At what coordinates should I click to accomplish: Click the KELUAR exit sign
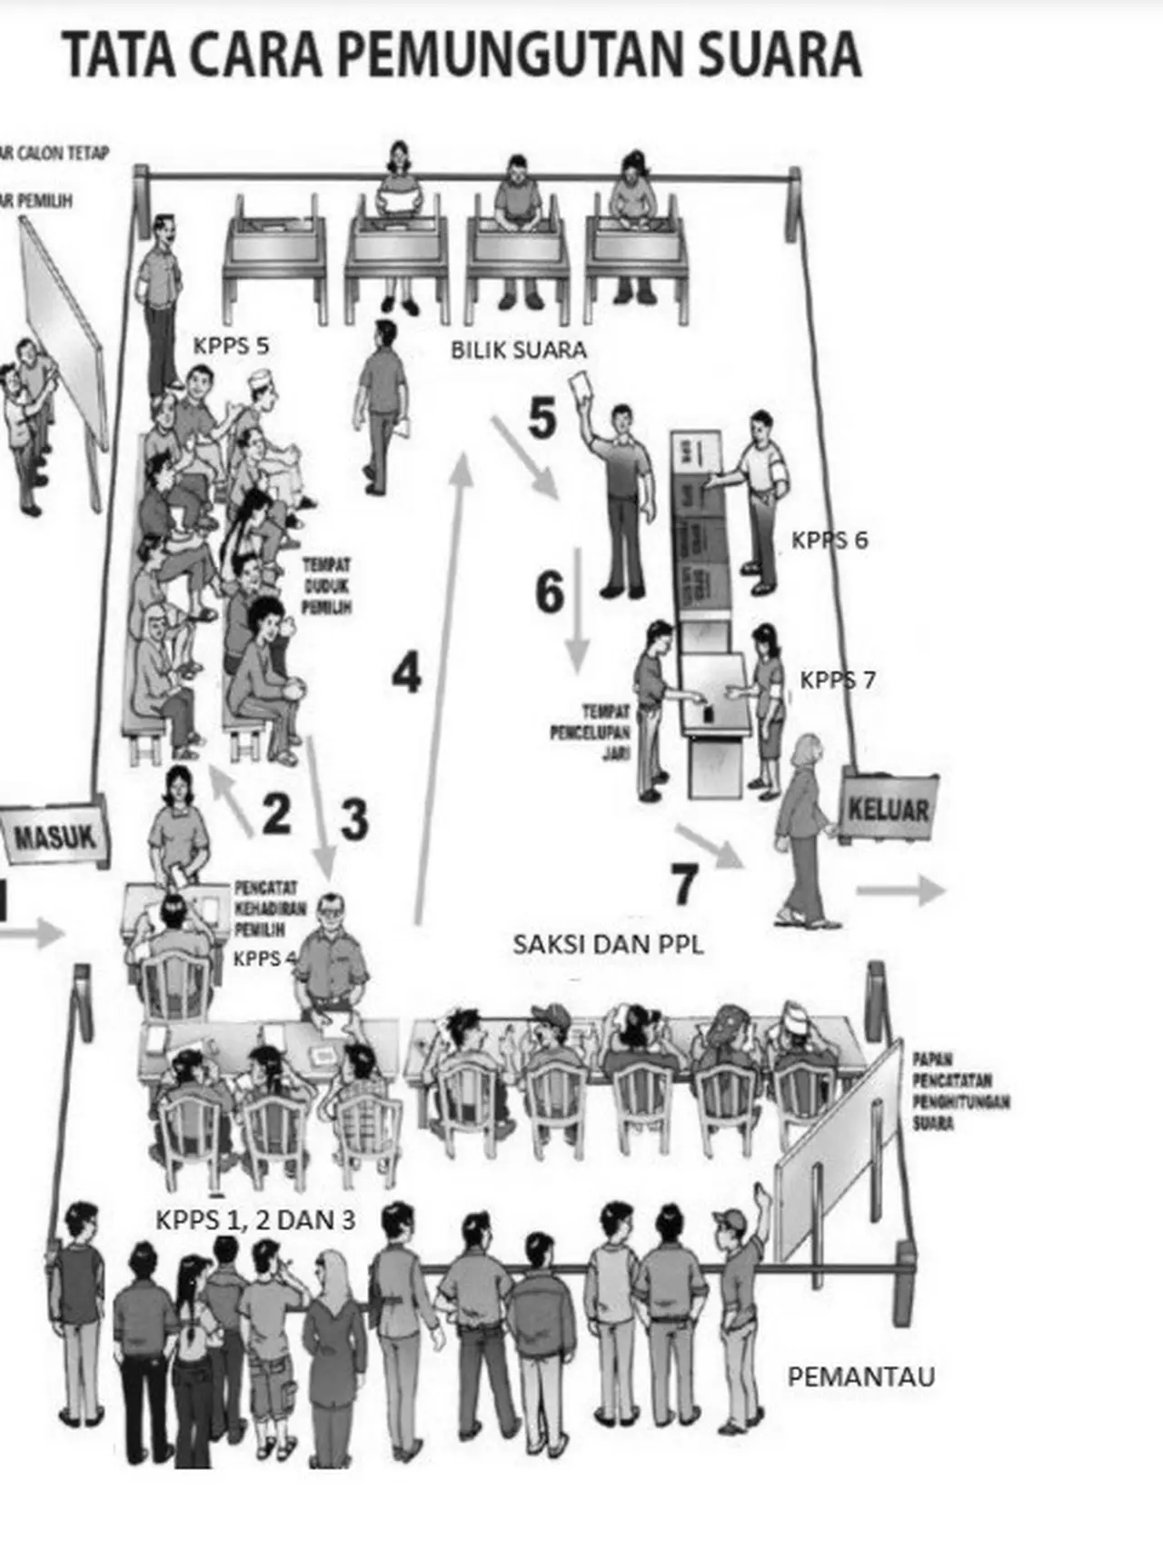[889, 808]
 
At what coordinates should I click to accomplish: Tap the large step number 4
[406, 674]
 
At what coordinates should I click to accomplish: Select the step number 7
[685, 884]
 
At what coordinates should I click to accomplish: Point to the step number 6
[550, 592]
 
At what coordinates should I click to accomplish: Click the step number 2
[276, 813]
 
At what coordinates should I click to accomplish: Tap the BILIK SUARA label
[519, 350]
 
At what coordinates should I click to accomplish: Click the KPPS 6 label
[830, 540]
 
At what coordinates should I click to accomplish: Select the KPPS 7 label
[838, 680]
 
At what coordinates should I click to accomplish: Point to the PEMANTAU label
[860, 1376]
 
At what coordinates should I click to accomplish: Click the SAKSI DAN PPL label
[608, 945]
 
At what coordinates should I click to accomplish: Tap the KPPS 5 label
[231, 345]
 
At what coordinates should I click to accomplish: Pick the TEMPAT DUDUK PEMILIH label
[326, 586]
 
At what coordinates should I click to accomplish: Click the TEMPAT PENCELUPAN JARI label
[591, 732]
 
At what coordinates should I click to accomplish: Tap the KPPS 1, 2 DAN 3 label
[255, 1219]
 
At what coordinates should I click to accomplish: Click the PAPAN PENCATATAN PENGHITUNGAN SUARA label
[960, 1090]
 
